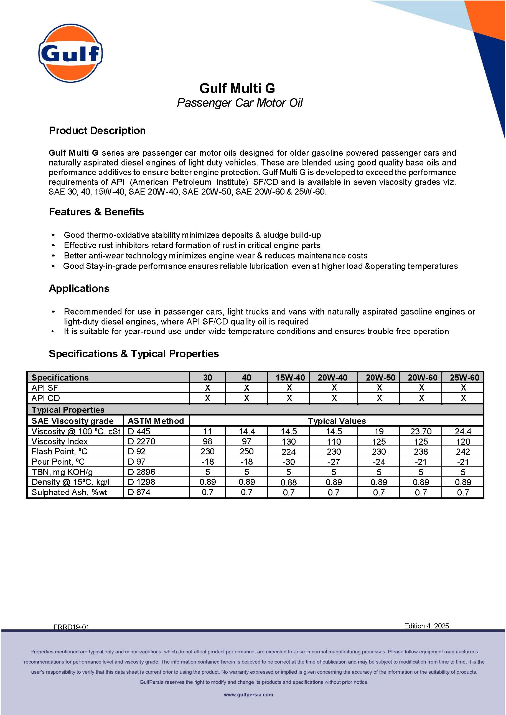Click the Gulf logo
point(70,53)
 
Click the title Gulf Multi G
point(237,88)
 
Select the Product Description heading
point(97,130)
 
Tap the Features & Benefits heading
point(96,212)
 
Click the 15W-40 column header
point(290,377)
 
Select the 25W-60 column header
point(464,377)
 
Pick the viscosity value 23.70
point(421,431)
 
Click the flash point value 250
point(246,451)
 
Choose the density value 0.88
point(289,482)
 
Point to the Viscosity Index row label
point(60,441)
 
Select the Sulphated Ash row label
point(69,492)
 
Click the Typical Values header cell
point(337,421)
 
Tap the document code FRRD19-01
point(71,627)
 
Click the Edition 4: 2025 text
point(426,626)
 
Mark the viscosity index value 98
point(207,441)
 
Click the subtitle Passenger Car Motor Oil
point(240,103)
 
